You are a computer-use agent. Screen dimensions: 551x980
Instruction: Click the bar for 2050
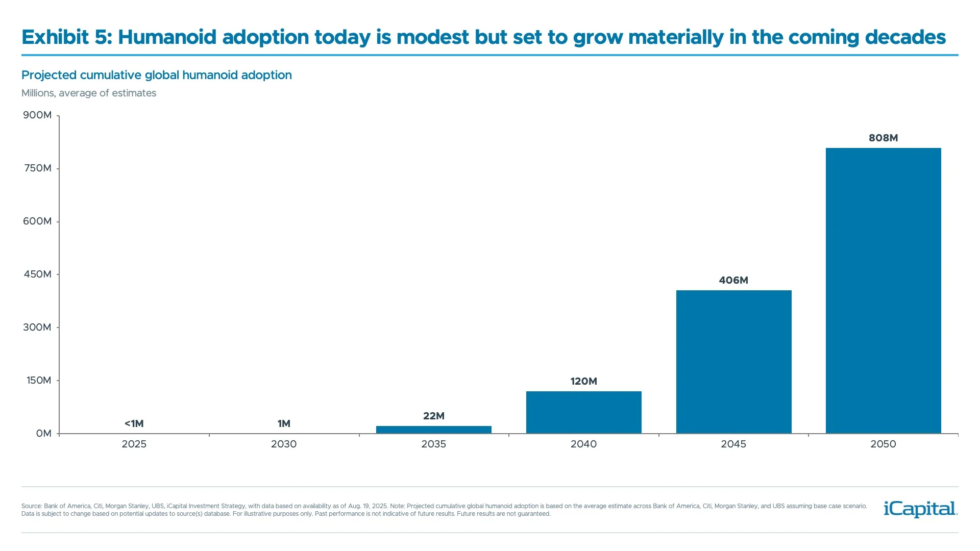point(883,291)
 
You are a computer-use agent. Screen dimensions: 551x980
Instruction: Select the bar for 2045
point(733,362)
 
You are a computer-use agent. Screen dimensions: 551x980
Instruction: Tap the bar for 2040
point(583,412)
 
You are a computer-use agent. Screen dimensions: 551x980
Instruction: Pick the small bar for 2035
point(433,430)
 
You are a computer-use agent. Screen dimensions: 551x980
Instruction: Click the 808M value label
point(883,138)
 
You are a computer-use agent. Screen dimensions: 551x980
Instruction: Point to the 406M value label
point(733,280)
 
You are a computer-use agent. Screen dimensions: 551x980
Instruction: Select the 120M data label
point(583,381)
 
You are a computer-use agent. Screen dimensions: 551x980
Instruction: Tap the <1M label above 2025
point(134,423)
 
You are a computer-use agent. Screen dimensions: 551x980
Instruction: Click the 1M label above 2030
point(284,423)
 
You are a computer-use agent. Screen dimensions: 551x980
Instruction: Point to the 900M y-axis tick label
point(37,115)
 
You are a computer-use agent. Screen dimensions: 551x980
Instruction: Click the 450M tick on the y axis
point(37,274)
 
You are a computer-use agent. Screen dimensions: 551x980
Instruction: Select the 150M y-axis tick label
point(38,380)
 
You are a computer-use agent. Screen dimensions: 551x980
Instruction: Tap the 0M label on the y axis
point(43,433)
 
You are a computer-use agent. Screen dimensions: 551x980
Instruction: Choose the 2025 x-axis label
point(134,444)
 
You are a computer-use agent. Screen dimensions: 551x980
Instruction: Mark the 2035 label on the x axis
point(433,444)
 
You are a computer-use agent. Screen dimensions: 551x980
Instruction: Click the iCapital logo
point(920,509)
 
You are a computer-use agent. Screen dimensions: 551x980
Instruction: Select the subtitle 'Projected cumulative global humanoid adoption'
point(156,75)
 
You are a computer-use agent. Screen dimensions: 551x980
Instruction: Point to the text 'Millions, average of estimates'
point(89,93)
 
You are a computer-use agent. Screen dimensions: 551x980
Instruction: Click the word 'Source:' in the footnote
point(31,506)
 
